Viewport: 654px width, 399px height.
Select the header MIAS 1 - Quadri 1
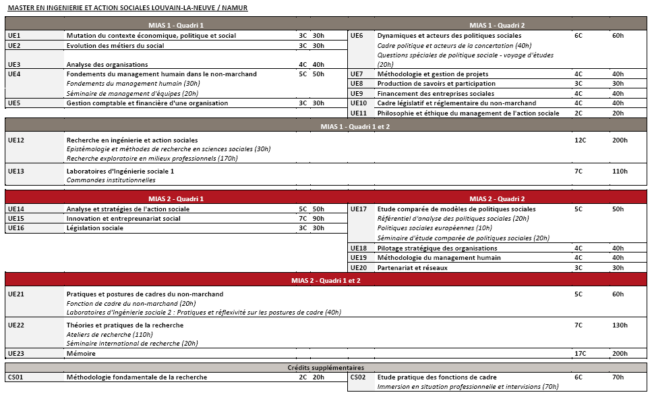(x=175, y=26)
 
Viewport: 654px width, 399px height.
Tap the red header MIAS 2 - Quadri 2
(x=497, y=199)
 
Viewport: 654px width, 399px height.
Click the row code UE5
(x=14, y=103)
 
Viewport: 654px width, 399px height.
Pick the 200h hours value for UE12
(x=620, y=140)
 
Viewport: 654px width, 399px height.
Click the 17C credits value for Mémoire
(x=579, y=354)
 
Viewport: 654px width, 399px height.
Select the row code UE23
(x=16, y=354)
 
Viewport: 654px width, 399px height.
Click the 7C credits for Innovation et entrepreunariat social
(x=303, y=219)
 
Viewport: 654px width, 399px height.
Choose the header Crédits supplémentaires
(x=326, y=368)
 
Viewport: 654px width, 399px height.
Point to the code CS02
(x=358, y=377)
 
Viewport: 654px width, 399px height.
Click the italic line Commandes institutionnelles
(x=111, y=180)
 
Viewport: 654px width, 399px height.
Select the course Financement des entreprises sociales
(x=436, y=94)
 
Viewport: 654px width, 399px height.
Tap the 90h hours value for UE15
(x=318, y=219)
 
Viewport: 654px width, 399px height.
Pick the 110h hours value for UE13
(x=620, y=171)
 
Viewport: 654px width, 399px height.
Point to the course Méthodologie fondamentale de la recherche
(x=137, y=377)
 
